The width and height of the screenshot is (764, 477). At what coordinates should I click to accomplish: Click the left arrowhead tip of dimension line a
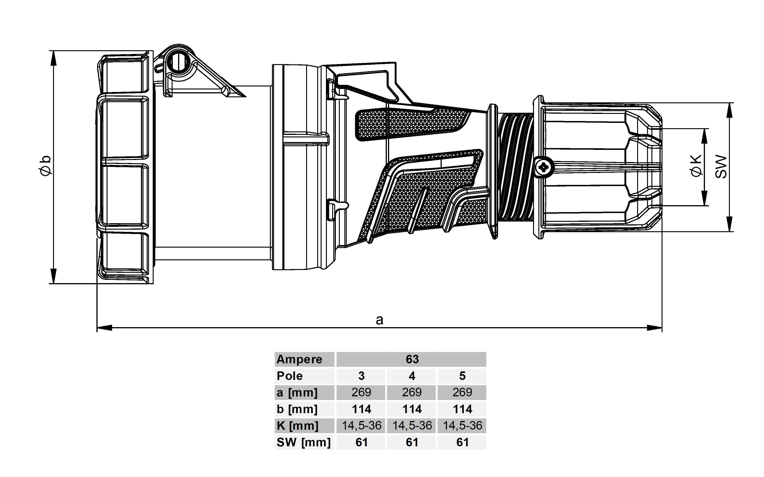(x=97, y=328)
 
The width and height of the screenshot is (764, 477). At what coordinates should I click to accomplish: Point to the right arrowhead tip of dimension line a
(x=662, y=328)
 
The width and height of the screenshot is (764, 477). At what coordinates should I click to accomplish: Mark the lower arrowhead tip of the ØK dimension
(x=704, y=205)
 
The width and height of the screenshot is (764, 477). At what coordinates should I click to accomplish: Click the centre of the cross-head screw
(x=544, y=167)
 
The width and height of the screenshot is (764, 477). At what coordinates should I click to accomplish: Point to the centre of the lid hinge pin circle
(x=179, y=62)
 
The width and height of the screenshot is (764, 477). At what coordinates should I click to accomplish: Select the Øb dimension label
(x=45, y=166)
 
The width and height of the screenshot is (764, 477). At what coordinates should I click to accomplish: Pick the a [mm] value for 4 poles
(x=412, y=392)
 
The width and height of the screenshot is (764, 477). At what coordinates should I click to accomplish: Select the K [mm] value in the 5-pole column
(x=462, y=426)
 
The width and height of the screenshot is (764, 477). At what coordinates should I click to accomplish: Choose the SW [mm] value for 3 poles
(x=361, y=442)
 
